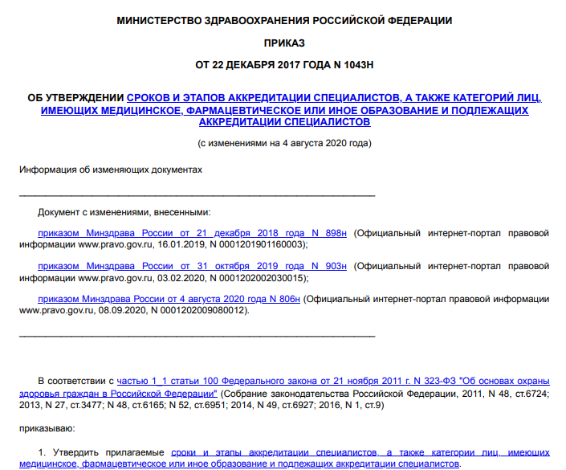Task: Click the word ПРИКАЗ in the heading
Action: point(283,40)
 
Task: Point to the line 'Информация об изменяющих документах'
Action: point(111,170)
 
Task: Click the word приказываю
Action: point(47,430)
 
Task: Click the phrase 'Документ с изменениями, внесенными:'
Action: point(124,212)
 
